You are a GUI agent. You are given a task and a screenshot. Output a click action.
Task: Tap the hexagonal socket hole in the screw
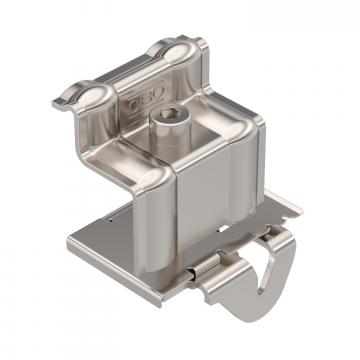click(x=164, y=119)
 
